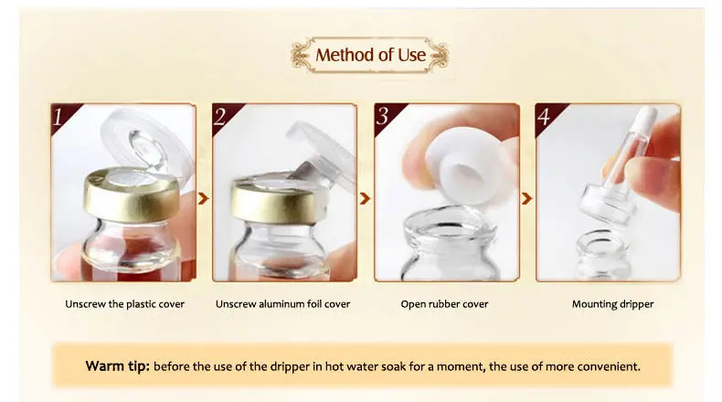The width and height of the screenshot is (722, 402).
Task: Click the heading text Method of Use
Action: pyautogui.click(x=370, y=55)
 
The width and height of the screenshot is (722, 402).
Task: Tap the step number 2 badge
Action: pyautogui.click(x=222, y=116)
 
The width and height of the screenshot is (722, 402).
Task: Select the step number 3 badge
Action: pyautogui.click(x=384, y=116)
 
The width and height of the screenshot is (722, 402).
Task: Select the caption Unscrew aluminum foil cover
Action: pyautogui.click(x=283, y=304)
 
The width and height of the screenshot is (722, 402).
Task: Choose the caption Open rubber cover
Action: pyautogui.click(x=444, y=304)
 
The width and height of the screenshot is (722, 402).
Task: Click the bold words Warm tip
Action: pyautogui.click(x=116, y=366)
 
